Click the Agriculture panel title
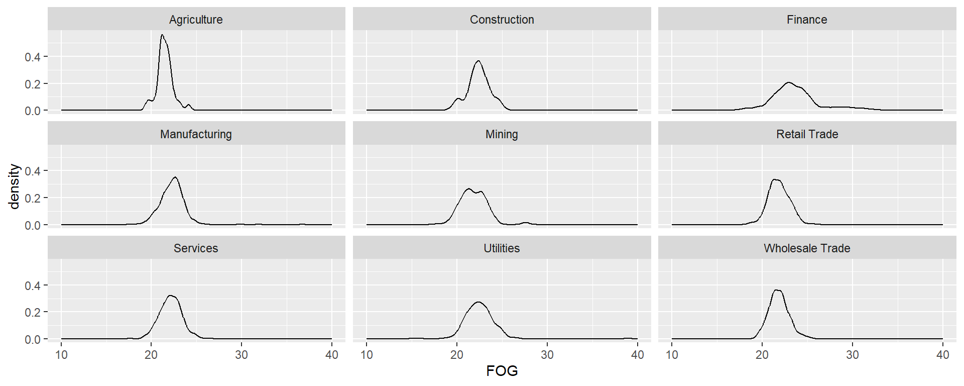coord(196,20)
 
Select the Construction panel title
coord(502,20)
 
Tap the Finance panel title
coord(807,20)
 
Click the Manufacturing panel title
coord(196,134)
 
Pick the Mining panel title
coord(502,134)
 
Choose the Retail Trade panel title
coord(807,134)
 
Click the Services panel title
coord(196,248)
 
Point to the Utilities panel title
coord(502,248)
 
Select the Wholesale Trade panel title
coord(807,248)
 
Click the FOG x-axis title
coord(502,371)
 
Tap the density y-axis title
coord(14,186)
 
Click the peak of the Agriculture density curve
coord(162,35)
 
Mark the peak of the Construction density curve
coord(478,61)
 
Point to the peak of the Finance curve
coord(789,82)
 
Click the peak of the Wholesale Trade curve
coord(777,290)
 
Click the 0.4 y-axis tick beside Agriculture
coord(33,57)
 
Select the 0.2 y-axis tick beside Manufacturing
coord(33,198)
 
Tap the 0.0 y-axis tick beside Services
coord(33,339)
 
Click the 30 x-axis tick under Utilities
coord(547,355)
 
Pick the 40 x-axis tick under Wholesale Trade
coord(942,355)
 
